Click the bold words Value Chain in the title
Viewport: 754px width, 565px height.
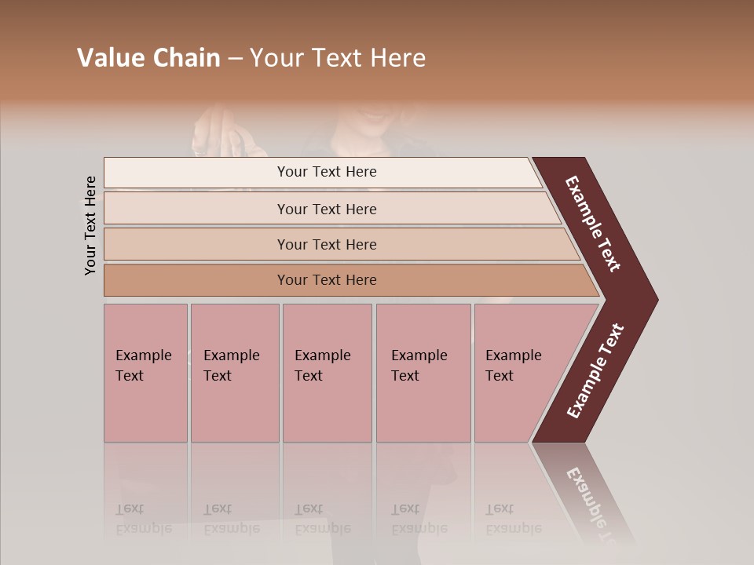(x=148, y=58)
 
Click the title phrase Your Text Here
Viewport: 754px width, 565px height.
(x=338, y=58)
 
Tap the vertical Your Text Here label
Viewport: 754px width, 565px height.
(x=91, y=225)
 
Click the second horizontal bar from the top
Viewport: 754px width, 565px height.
(x=327, y=209)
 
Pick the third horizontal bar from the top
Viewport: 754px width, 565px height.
(x=327, y=244)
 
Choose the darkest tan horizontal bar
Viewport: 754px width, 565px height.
(x=327, y=280)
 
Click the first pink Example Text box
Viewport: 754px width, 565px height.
(x=145, y=373)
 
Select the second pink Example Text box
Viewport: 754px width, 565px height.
(x=234, y=373)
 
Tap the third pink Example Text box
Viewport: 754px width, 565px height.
(x=326, y=373)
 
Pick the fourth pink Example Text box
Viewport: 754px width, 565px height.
(x=423, y=373)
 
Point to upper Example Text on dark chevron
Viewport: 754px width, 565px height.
(x=594, y=224)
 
